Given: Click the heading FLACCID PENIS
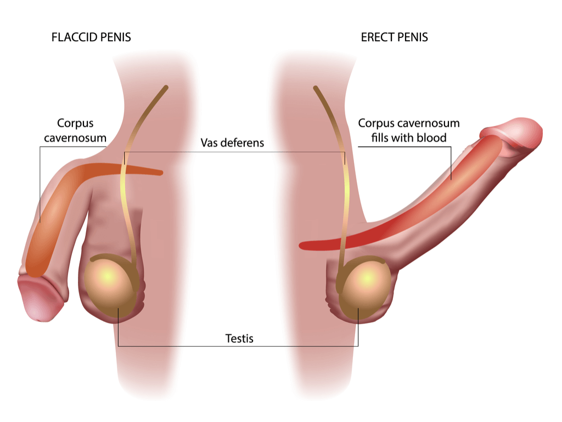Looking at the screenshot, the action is point(91,37).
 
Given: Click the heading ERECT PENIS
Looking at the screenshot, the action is point(394,37).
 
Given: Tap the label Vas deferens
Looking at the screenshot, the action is point(232,142).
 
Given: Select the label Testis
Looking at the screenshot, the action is point(239,338).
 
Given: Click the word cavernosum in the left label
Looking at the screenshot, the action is point(75,138).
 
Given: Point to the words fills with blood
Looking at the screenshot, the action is point(408,137).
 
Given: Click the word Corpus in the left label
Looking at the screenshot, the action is point(75,123).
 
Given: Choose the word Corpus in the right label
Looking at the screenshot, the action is point(376,123).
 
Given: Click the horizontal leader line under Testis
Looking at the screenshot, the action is point(238,346).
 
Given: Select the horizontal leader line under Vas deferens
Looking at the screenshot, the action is point(235,152).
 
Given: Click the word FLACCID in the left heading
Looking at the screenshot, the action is point(74,37).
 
